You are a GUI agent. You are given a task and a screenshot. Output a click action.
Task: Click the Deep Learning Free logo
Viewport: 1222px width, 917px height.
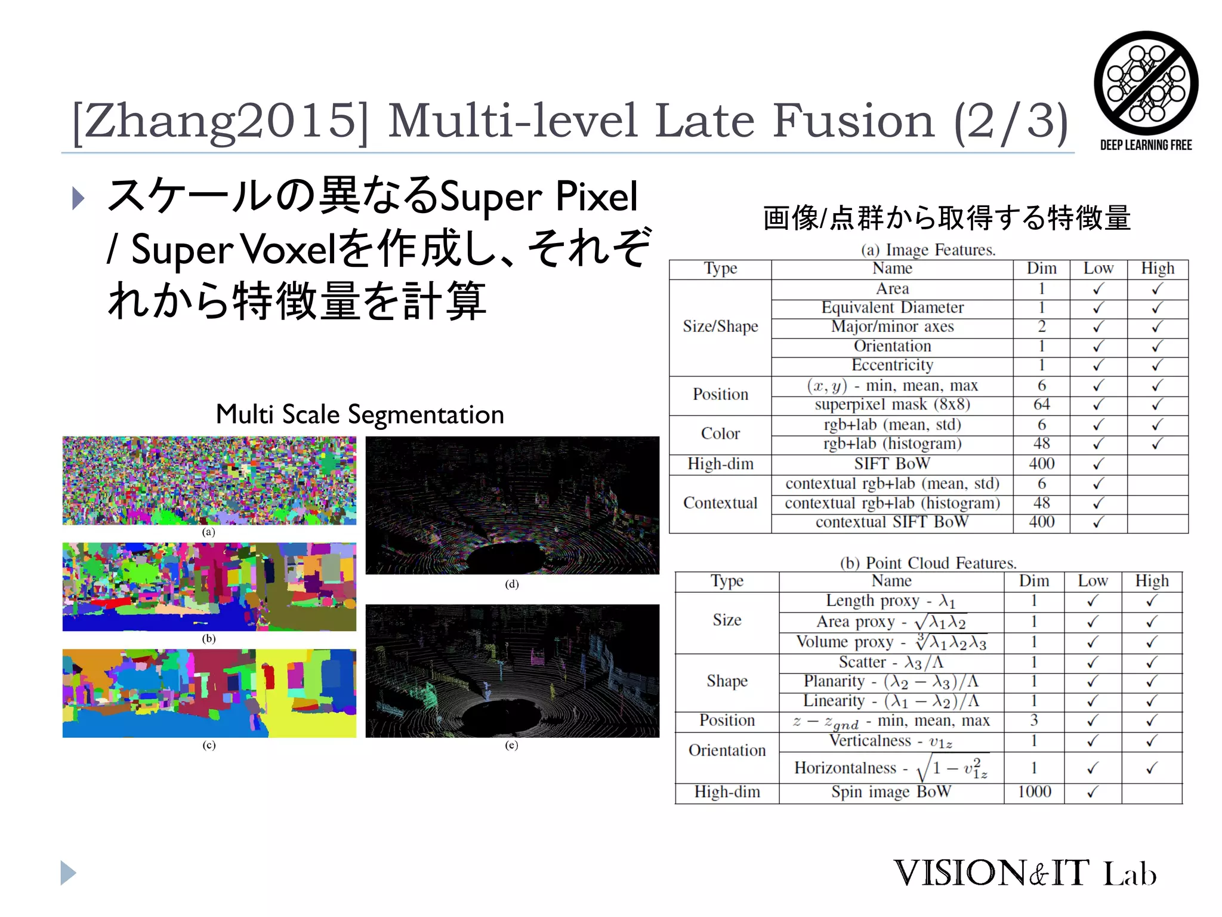[1146, 90]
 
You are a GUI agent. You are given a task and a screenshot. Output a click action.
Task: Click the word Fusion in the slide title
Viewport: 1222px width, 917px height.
[854, 121]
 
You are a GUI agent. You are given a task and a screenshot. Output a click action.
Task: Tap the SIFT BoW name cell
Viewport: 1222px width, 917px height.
[892, 464]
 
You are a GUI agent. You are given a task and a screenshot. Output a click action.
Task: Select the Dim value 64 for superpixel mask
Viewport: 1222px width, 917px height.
[1041, 405]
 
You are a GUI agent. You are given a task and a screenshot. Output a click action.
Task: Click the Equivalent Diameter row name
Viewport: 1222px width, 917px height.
[892, 308]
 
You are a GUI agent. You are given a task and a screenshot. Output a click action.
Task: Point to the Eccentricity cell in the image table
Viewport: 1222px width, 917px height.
[892, 365]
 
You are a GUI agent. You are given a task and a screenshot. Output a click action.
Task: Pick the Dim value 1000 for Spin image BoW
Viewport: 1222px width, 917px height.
[1034, 792]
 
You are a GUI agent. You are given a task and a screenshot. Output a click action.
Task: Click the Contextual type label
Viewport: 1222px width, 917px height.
[720, 503]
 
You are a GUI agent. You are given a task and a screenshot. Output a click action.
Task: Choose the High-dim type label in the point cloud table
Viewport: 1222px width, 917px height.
[727, 792]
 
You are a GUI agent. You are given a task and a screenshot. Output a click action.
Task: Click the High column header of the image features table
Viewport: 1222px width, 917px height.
[1158, 269]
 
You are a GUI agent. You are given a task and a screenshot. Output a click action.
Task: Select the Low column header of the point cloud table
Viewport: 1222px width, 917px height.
[1093, 581]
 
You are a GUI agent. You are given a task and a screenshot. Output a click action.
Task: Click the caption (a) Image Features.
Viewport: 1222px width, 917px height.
[928, 250]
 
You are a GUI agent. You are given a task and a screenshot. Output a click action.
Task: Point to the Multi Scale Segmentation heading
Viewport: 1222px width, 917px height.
[360, 414]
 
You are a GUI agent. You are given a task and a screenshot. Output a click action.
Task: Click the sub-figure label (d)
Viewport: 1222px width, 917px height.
[511, 584]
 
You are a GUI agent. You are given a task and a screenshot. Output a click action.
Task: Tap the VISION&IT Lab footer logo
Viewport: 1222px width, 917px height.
[1024, 873]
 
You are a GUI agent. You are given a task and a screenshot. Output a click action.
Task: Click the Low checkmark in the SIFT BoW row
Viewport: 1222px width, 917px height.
[1098, 464]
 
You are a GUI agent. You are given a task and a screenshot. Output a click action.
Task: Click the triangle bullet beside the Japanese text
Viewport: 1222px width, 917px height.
[78, 198]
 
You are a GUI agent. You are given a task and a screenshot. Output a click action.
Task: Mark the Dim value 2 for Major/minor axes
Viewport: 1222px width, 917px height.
[1041, 327]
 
